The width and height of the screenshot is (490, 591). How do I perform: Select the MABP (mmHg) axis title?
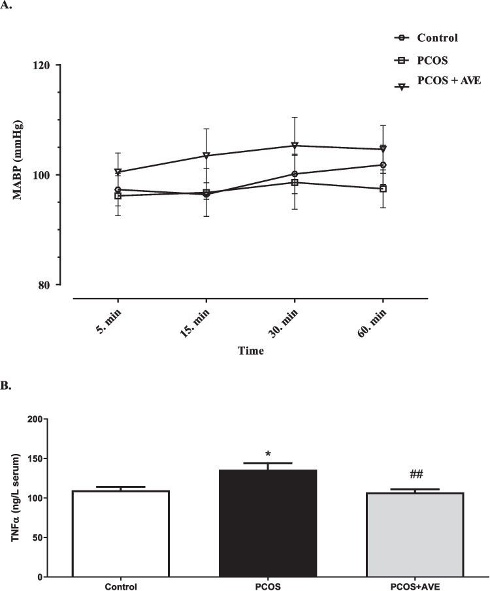click(18, 175)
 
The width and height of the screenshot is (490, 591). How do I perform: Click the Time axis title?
click(251, 351)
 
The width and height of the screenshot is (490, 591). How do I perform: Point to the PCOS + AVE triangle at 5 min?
click(118, 172)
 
